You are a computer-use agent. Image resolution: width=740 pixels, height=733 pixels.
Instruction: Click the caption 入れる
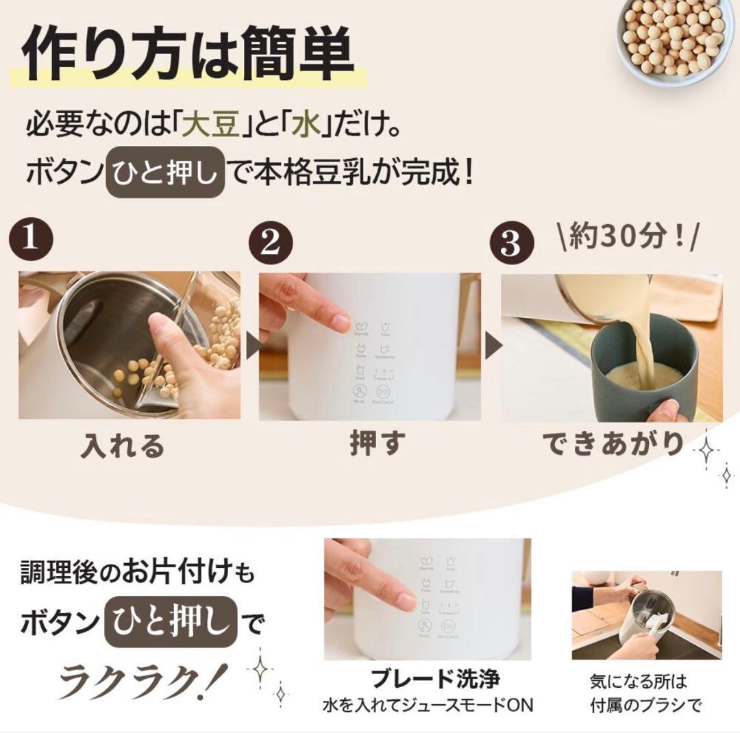pos(123,445)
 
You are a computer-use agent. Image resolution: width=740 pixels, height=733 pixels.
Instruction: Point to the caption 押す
pos(373,444)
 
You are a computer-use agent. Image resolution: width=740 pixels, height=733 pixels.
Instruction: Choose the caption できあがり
pos(613,444)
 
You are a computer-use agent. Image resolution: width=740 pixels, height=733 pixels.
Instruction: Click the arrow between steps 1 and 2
pos(251,346)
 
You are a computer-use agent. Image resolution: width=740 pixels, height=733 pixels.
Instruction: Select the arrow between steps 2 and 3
pos(491,346)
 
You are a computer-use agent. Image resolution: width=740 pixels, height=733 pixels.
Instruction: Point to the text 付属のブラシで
pos(647,704)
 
